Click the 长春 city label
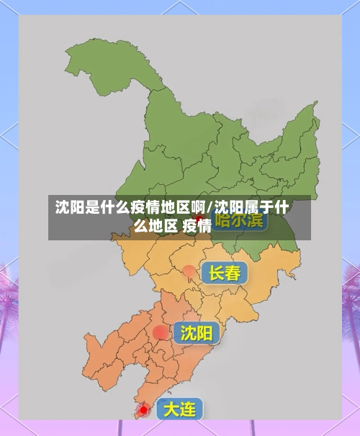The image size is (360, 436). (224, 273)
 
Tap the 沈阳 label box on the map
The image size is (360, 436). (196, 333)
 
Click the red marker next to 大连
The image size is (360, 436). (144, 409)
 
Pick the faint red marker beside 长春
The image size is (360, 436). (189, 271)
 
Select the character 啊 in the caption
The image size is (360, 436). (198, 209)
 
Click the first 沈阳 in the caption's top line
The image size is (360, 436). (71, 209)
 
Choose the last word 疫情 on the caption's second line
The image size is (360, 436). (197, 226)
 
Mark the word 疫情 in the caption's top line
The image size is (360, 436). (145, 209)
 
